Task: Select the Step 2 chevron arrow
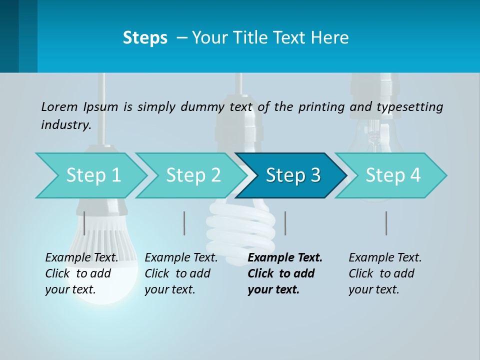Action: click(191, 175)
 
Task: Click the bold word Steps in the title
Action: click(145, 38)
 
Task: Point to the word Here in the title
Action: click(329, 38)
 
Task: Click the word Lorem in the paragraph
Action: click(59, 106)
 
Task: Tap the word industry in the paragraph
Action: click(65, 124)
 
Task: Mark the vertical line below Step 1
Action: click(84, 223)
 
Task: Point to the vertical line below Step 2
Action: click(184, 223)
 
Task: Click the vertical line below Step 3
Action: click(285, 223)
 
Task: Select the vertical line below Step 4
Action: click(386, 223)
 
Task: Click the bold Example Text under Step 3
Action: click(284, 273)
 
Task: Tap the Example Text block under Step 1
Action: click(81, 273)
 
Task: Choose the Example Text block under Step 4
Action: click(384, 273)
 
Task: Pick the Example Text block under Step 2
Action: click(180, 273)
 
